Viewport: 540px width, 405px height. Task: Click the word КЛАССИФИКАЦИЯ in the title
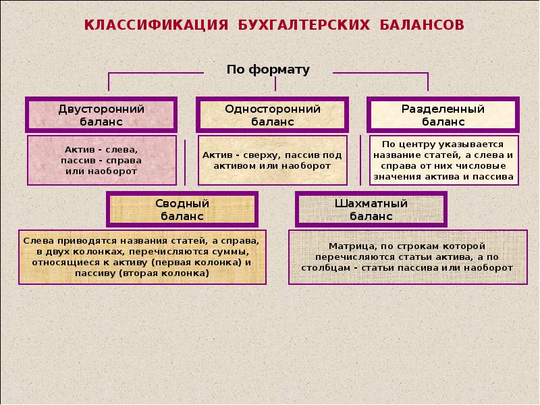154,25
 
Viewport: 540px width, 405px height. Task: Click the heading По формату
268,70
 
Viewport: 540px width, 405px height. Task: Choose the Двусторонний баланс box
101,115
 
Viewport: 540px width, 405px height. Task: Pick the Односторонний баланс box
272,115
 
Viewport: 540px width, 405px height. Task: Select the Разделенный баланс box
443,115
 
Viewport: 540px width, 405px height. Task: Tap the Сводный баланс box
182,209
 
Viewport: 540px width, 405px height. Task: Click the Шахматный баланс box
371,209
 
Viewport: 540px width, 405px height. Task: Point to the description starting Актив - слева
101,160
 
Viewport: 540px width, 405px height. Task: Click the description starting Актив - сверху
272,160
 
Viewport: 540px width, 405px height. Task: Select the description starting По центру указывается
443,160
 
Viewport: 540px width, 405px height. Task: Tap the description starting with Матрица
408,256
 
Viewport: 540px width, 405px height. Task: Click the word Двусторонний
101,109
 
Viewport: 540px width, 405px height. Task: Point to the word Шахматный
371,203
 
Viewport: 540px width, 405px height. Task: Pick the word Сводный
182,203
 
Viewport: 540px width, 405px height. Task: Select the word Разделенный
443,109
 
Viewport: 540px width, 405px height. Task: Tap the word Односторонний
273,109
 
